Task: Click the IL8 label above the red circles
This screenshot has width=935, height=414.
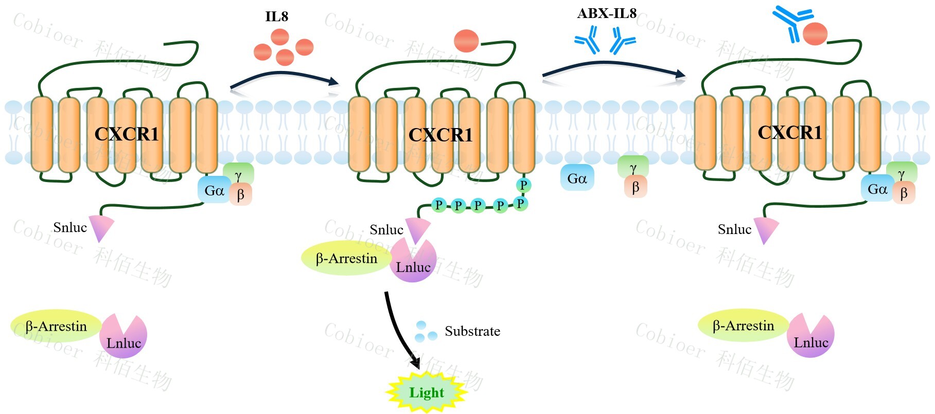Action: click(276, 16)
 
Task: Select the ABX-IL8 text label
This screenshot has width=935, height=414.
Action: click(607, 13)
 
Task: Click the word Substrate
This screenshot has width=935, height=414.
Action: click(472, 331)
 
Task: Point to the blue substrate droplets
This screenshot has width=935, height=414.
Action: click(425, 332)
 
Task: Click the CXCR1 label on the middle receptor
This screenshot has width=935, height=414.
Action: click(440, 135)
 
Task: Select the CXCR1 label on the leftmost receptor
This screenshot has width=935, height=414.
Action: click(127, 134)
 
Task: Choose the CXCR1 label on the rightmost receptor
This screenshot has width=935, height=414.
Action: click(790, 133)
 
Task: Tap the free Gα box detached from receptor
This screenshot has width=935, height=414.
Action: click(577, 178)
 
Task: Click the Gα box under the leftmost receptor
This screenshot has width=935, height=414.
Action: click(214, 190)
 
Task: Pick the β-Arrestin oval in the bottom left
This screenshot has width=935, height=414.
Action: click(56, 326)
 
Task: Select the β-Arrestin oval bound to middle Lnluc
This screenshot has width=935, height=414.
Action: click(346, 258)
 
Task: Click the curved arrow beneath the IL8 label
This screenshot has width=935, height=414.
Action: click(283, 78)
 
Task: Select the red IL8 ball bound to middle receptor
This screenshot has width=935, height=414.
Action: click(466, 41)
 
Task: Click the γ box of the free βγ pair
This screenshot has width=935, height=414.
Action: click(633, 168)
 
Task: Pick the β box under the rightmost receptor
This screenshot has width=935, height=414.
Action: click(904, 193)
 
